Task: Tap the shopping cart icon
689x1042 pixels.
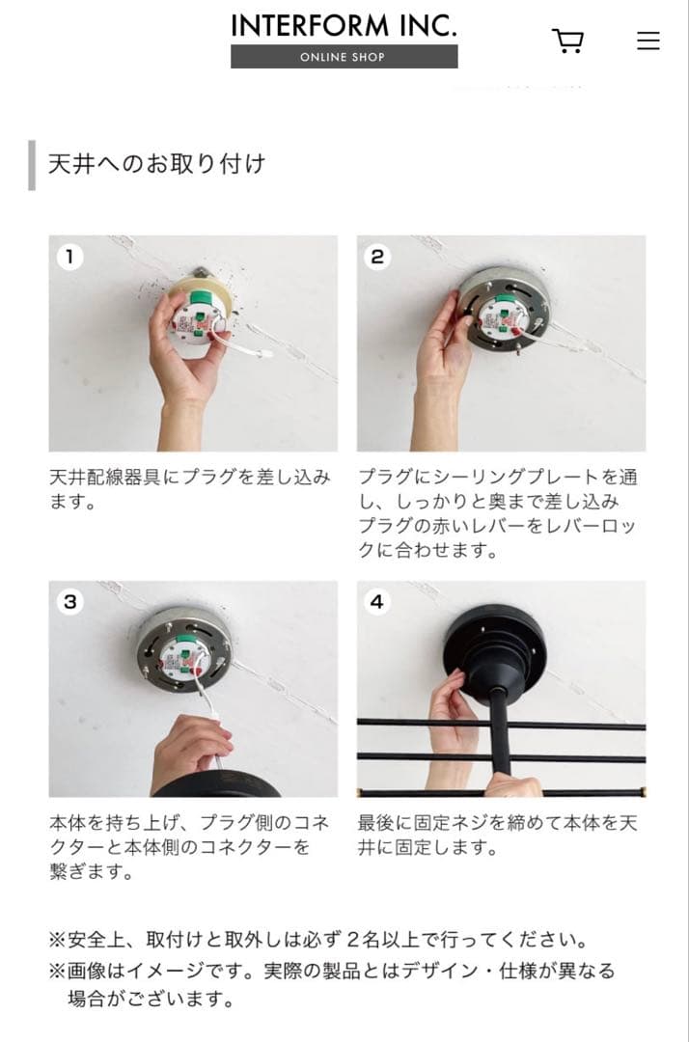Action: click(567, 41)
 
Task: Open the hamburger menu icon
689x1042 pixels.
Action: click(648, 41)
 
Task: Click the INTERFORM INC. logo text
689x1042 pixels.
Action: click(344, 25)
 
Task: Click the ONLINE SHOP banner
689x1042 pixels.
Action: click(344, 57)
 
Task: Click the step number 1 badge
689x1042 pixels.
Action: click(69, 257)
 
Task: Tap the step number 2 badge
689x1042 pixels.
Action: click(377, 257)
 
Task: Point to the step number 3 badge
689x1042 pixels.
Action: click(69, 602)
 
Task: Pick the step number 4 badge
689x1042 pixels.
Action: click(377, 602)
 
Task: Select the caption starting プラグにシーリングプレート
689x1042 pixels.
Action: click(498, 513)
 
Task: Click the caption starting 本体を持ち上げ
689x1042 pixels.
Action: click(189, 847)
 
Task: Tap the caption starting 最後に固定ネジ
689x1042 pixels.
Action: click(498, 836)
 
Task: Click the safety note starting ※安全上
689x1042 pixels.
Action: click(318, 939)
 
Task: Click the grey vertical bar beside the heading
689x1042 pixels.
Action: click(32, 165)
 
